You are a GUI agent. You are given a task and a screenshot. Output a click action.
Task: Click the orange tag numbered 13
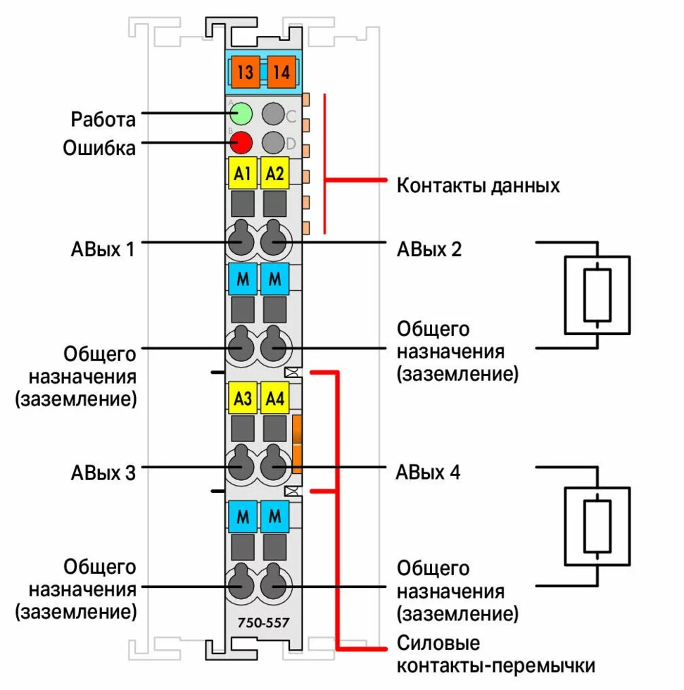pyautogui.click(x=246, y=73)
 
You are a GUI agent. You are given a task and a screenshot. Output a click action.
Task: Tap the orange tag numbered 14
pyautogui.click(x=281, y=73)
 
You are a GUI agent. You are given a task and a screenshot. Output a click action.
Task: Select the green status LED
pyautogui.click(x=241, y=113)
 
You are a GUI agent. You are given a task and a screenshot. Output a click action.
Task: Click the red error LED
pyautogui.click(x=241, y=143)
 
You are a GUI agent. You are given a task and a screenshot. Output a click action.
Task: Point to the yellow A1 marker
pyautogui.click(x=242, y=174)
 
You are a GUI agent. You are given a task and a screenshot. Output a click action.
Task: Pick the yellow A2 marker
pyautogui.click(x=274, y=174)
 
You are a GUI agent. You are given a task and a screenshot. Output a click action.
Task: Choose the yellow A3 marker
pyautogui.click(x=242, y=399)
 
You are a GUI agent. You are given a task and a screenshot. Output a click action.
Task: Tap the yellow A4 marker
pyautogui.click(x=274, y=399)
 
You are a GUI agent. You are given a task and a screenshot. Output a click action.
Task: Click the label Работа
pyautogui.click(x=103, y=119)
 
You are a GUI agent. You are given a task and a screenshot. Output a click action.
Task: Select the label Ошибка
pyautogui.click(x=99, y=148)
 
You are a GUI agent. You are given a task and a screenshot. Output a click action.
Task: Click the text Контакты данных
pyautogui.click(x=479, y=186)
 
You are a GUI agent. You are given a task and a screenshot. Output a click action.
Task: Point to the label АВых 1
pyautogui.click(x=103, y=249)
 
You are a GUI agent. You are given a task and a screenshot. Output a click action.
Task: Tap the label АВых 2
pyautogui.click(x=429, y=249)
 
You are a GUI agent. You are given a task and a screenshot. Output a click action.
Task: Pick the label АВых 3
pyautogui.click(x=103, y=472)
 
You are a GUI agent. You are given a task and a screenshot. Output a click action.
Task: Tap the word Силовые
pyautogui.click(x=438, y=644)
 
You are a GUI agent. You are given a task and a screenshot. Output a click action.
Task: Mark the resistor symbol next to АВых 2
pyautogui.click(x=597, y=295)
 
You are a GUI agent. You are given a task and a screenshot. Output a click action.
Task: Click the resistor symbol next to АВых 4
pyautogui.click(x=597, y=525)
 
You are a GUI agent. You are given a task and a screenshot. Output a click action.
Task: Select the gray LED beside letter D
pyautogui.click(x=272, y=143)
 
